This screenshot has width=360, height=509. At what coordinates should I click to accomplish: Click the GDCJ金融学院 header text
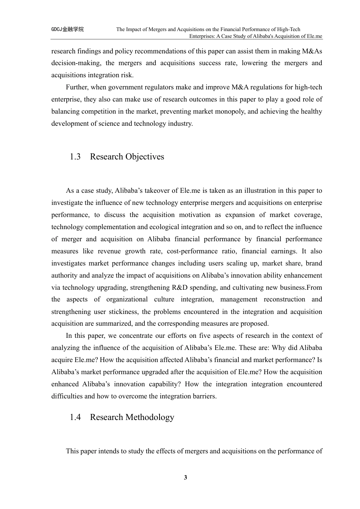[x=67, y=29]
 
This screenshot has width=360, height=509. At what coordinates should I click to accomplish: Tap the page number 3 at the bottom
[x=185, y=477]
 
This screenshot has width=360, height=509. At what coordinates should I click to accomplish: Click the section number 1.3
[x=75, y=157]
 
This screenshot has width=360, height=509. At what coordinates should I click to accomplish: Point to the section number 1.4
[x=75, y=417]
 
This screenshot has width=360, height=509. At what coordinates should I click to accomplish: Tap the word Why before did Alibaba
[x=290, y=348]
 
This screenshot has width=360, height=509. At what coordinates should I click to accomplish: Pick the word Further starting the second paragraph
[x=77, y=87]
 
